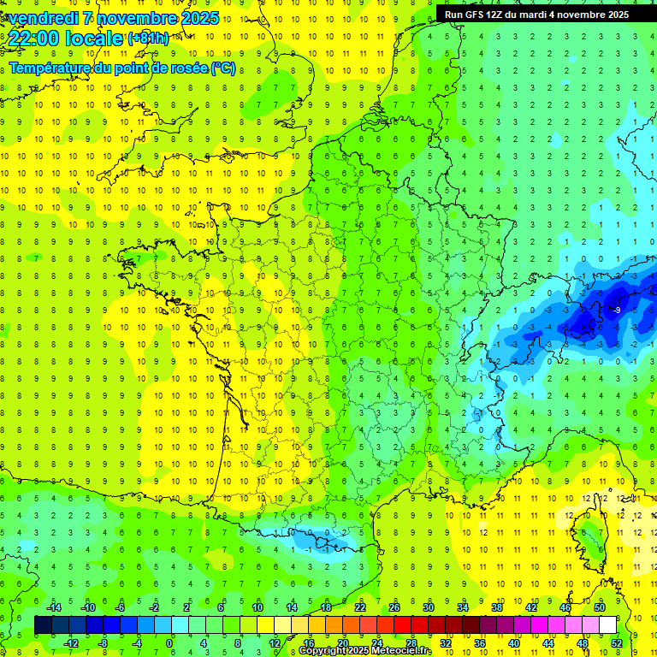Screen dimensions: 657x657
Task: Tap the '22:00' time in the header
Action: pyautogui.click(x=33, y=38)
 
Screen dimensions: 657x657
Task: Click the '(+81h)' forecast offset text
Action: pyautogui.click(x=148, y=38)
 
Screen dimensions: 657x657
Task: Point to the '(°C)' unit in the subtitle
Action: pyautogui.click(x=223, y=68)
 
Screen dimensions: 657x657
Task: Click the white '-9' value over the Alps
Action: pyautogui.click(x=617, y=310)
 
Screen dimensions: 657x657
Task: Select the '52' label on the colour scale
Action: pyautogui.click(x=617, y=642)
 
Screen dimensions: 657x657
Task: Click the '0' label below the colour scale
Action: pyautogui.click(x=169, y=642)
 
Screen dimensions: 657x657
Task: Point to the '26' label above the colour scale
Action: pyautogui.click(x=394, y=607)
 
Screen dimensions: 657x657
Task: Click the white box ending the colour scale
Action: pyautogui.click(x=608, y=624)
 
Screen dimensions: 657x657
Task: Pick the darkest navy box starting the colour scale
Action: pyautogui.click(x=44, y=624)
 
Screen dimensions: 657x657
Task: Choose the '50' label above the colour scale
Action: pyautogui.click(x=600, y=607)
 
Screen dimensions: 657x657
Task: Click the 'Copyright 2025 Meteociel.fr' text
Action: pyautogui.click(x=365, y=651)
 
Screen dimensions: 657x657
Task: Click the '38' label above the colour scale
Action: pyautogui.click(x=497, y=607)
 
